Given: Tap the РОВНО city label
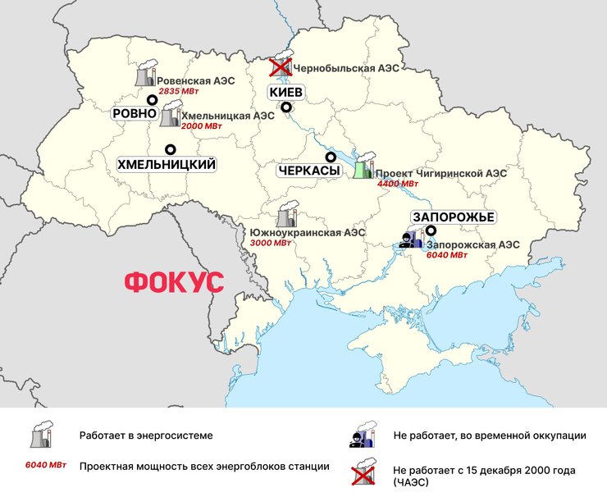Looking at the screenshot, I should tap(135, 113).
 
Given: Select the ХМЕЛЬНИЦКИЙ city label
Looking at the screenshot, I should tap(167, 165).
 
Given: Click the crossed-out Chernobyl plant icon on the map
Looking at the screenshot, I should tap(282, 67).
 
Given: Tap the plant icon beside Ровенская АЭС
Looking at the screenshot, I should tap(145, 75).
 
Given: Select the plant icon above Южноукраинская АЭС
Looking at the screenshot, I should tap(287, 216).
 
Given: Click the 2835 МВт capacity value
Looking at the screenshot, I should tap(178, 91).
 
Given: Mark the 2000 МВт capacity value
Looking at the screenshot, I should tap(201, 127).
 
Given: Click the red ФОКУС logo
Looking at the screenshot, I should tap(173, 282).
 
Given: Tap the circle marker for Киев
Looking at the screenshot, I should tap(286, 107).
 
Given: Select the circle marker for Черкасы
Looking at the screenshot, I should tap(331, 157).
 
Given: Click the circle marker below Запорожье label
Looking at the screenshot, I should tap(431, 230).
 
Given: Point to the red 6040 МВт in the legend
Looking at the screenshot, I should tap(45, 466).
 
